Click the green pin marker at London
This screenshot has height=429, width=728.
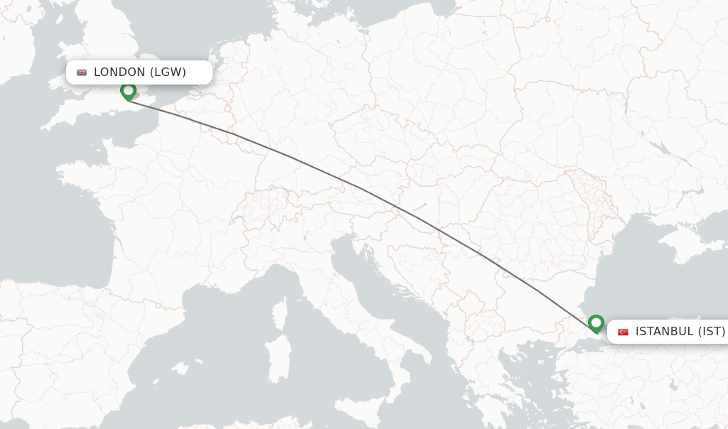(x=128, y=91)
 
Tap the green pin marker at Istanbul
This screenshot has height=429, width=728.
(x=596, y=323)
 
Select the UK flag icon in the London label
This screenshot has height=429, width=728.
(x=82, y=72)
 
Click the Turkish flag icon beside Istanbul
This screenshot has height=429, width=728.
(x=623, y=332)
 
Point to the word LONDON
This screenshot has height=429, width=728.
(x=119, y=72)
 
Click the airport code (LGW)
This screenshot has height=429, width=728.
(x=168, y=72)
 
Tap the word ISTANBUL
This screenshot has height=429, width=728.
(x=664, y=331)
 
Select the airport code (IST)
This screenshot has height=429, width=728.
(x=711, y=331)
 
